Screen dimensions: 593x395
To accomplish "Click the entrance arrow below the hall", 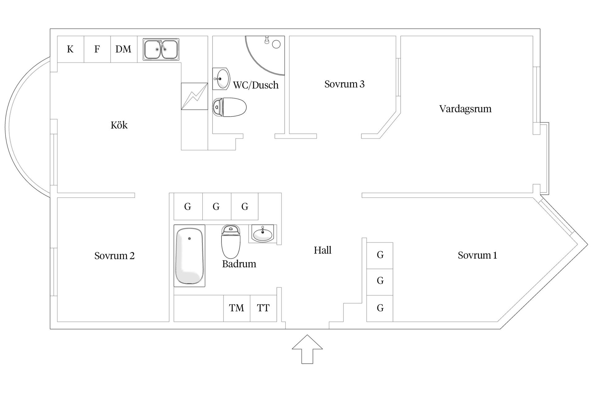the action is pos(307,349).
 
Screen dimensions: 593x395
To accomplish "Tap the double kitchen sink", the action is pos(161,49).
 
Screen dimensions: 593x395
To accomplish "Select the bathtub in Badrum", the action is pos(189,256).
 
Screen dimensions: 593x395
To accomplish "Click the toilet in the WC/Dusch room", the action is pos(229,107).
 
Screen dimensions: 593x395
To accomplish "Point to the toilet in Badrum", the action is pos(231,242).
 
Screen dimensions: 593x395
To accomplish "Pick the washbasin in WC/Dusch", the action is pos(221,79).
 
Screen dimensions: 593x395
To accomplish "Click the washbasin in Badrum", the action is pos(263,234).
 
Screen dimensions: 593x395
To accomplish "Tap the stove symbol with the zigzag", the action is pos(194,96).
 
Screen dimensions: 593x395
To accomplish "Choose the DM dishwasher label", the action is pos(123,49).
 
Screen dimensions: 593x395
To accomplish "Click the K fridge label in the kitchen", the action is pos(70,49).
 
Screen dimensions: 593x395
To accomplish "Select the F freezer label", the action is pos(97,49).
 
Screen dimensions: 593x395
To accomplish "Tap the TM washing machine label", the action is pos(237,308).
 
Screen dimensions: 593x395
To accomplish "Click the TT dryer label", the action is pos(263,308).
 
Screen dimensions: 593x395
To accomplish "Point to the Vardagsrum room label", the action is pos(465,109).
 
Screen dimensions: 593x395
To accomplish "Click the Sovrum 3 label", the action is pos(344,84).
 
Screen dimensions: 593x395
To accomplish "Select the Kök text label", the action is pos(119,125).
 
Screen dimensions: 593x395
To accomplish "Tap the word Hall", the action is pos(322,250).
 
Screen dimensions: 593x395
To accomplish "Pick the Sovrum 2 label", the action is pos(115,256).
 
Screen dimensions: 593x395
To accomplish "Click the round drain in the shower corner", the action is pos(276,44).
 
